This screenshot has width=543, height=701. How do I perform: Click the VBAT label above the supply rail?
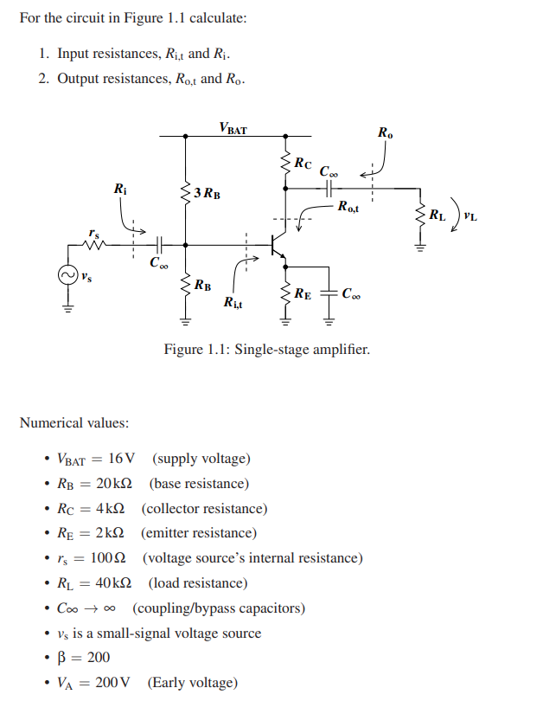233,129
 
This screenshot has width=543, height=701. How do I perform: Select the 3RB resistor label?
207,193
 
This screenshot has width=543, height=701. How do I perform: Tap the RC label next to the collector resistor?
303,163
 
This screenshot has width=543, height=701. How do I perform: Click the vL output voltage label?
470,215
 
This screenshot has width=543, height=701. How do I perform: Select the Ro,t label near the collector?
350,206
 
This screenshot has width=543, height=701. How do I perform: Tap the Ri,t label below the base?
233,302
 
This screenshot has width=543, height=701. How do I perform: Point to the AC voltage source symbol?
66,276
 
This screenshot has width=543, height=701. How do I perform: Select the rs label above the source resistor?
93,232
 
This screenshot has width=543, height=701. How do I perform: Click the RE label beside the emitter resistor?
303,293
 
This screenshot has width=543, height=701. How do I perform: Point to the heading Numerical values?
73,423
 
